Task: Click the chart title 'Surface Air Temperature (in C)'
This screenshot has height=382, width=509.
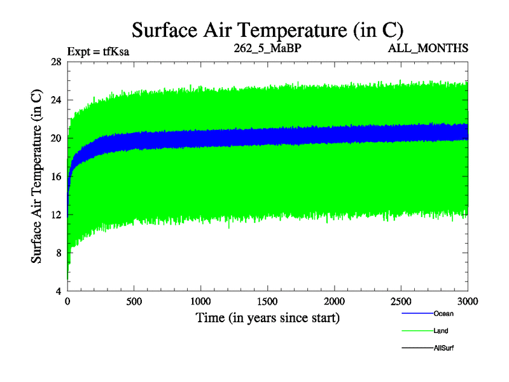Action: tap(267, 29)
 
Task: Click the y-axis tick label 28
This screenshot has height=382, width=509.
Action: tap(55, 62)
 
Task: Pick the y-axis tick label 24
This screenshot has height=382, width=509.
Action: tap(55, 100)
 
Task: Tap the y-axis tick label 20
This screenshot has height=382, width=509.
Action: tap(55, 138)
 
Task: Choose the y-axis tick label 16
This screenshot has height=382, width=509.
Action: tap(55, 176)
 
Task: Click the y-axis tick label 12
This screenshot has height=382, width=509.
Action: tap(55, 215)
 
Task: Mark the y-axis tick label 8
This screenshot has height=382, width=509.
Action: tap(58, 253)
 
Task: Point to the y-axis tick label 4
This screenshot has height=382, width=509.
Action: tap(58, 291)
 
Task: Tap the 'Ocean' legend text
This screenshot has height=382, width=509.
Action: tap(443, 313)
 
